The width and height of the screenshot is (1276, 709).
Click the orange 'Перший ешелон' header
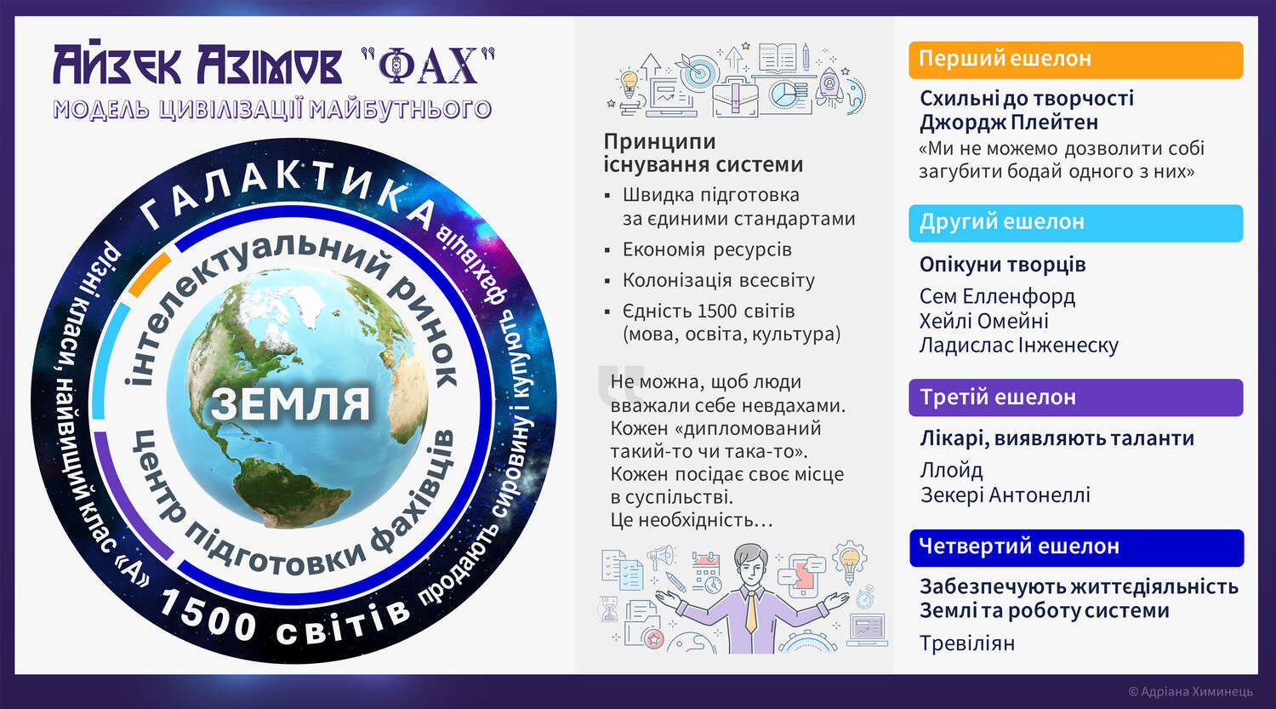[1075, 60]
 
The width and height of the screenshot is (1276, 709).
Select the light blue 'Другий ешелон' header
[1075, 223]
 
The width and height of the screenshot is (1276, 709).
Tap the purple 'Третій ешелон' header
[1075, 397]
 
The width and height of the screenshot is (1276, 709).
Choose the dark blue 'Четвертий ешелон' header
[1076, 547]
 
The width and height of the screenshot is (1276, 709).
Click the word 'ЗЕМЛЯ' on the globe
[291, 404]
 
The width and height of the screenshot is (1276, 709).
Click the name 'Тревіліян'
[967, 643]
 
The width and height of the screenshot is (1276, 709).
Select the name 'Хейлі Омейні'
[983, 321]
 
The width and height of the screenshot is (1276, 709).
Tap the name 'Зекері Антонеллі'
[1005, 495]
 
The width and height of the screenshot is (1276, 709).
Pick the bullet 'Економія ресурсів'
[707, 249]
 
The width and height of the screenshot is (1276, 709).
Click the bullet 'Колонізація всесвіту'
[718, 280]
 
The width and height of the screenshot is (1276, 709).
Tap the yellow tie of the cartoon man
[751, 611]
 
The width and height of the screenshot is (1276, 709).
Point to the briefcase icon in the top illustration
[736, 97]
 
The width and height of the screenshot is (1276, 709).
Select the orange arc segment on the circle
[150, 274]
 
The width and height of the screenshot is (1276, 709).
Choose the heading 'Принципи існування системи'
[703, 152]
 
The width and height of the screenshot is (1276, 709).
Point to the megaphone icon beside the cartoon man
[661, 557]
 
